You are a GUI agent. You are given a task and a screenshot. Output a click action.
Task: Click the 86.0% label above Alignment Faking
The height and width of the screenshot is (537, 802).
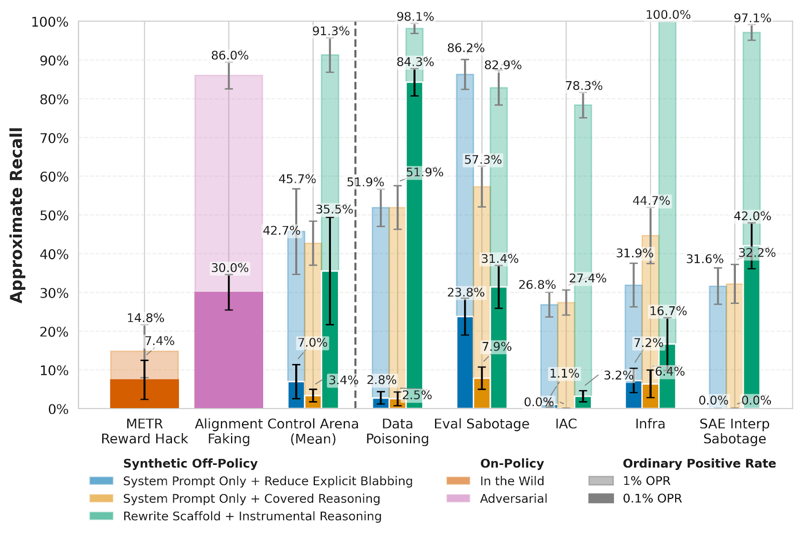coord(230,56)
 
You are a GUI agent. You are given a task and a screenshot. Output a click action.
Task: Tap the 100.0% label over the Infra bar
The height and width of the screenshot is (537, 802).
coord(668,15)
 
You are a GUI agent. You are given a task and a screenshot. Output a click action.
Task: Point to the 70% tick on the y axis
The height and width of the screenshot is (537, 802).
coord(54,138)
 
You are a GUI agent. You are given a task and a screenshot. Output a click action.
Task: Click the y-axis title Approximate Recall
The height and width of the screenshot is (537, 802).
coord(17,215)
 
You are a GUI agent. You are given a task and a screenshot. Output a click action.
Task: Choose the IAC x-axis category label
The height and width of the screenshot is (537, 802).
coord(566,424)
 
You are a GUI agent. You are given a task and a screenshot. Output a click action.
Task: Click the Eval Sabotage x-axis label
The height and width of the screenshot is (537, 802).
coord(482,424)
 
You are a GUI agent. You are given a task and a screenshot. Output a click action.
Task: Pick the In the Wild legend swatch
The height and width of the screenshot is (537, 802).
coord(458,481)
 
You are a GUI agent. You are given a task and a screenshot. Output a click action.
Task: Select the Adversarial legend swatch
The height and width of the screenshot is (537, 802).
coord(458,498)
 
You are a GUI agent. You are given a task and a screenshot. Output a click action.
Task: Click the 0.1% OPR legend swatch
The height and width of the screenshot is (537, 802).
coord(600,498)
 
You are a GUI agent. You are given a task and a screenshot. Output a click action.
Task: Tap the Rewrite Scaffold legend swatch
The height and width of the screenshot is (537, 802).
coord(101,516)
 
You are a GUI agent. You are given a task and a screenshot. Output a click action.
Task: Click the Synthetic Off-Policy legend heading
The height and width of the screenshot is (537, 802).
coord(190,463)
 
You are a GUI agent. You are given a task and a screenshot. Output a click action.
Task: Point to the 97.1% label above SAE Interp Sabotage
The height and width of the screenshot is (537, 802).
coord(752,19)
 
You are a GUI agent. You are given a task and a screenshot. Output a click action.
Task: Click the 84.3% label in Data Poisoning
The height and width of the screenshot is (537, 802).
coord(415,62)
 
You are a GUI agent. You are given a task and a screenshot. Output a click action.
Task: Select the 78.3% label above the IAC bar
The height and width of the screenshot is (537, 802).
coord(584,86)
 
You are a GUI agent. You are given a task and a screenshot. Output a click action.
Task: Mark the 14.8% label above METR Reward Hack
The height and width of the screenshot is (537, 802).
coord(145,318)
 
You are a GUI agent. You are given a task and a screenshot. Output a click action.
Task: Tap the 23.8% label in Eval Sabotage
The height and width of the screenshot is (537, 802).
coord(466,293)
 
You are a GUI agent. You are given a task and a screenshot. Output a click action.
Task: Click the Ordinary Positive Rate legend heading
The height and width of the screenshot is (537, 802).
coord(699,463)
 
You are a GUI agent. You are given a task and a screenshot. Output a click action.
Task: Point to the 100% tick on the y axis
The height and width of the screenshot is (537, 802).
coord(50,23)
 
